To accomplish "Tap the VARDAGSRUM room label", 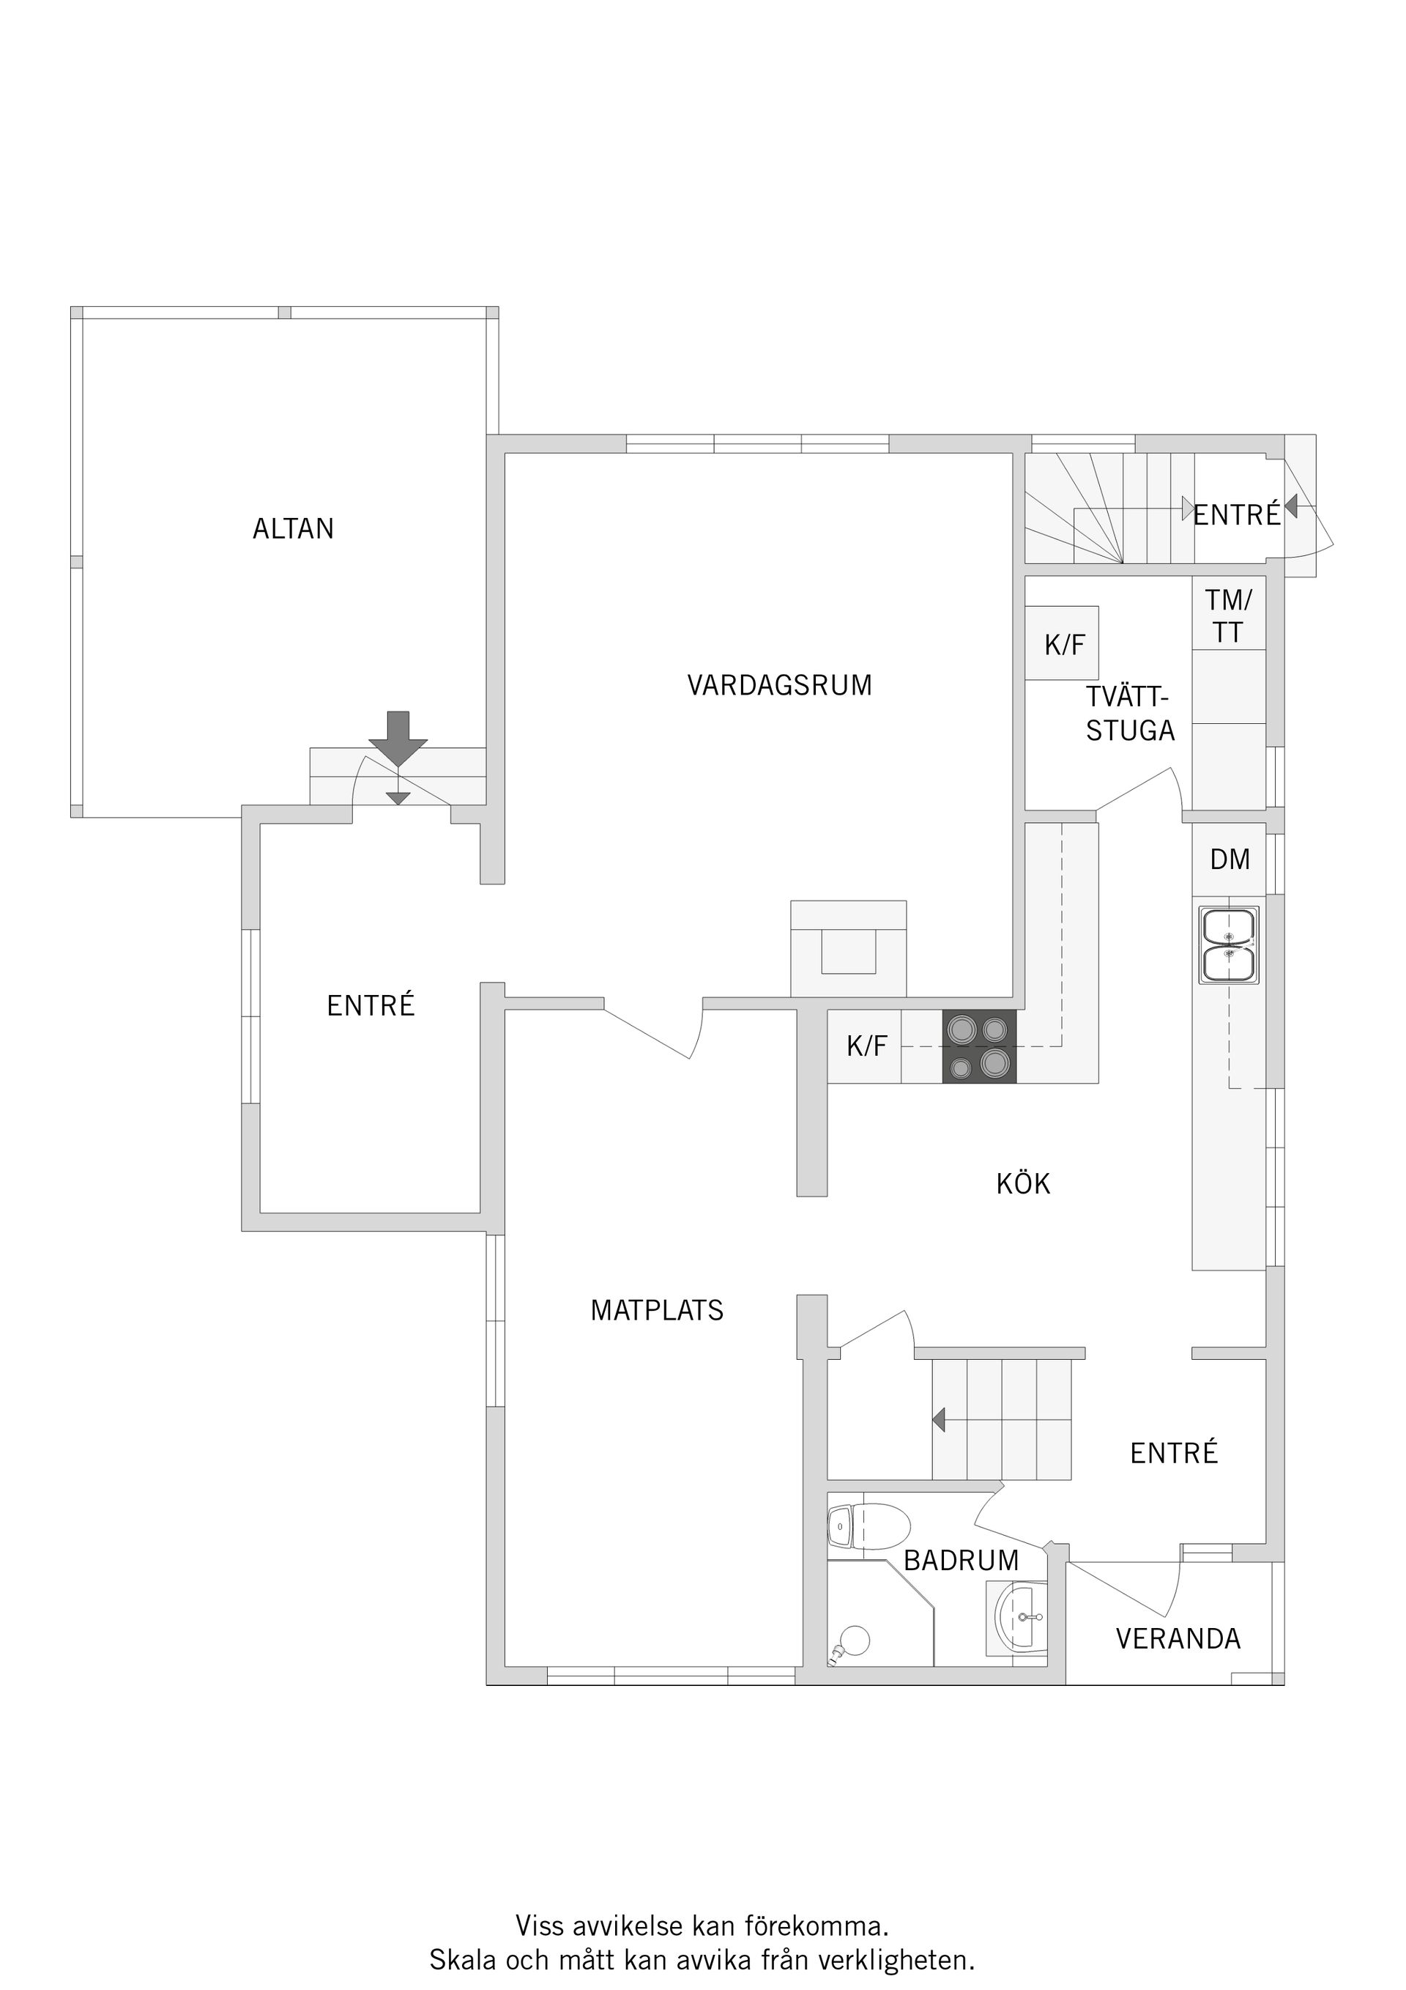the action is [x=780, y=685].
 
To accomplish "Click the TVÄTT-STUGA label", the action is [x=1130, y=714].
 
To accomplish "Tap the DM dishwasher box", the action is [x=1230, y=859].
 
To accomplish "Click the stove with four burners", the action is [x=980, y=1046].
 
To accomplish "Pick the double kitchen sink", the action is [x=1228, y=944].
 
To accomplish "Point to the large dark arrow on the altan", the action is [x=398, y=738].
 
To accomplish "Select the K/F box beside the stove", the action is [x=865, y=1046].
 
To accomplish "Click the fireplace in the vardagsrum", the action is [x=848, y=948].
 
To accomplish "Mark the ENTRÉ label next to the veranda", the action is [x=1174, y=1453].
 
